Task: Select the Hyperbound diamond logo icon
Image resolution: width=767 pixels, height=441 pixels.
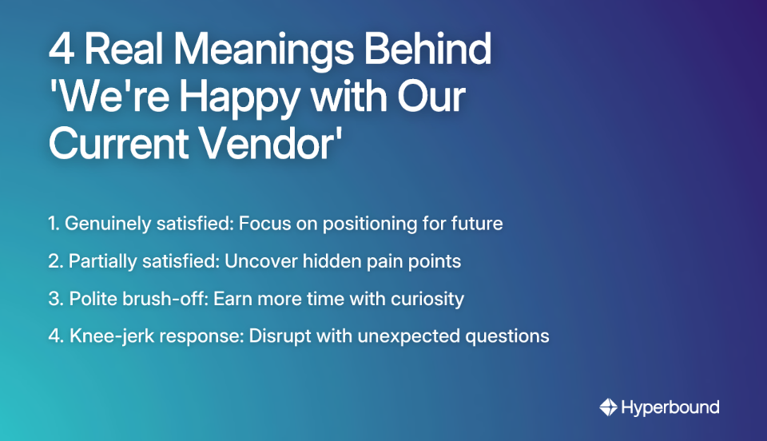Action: point(609,407)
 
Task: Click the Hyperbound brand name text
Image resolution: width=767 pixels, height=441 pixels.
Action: point(671,407)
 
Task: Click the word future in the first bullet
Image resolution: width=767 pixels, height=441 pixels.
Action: point(477,224)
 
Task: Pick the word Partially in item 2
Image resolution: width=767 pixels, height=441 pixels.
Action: point(101,261)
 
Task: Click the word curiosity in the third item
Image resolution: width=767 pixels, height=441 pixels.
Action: point(430,299)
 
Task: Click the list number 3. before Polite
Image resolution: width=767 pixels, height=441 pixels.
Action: point(55,299)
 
